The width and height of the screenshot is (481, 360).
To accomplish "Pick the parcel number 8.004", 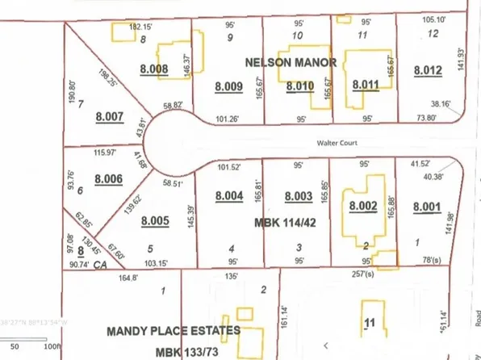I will (230, 196).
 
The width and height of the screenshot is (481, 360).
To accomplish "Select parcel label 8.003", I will (299, 196).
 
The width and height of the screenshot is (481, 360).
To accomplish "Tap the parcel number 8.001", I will (427, 206).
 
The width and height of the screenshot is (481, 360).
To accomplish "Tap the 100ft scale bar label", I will (52, 345).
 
